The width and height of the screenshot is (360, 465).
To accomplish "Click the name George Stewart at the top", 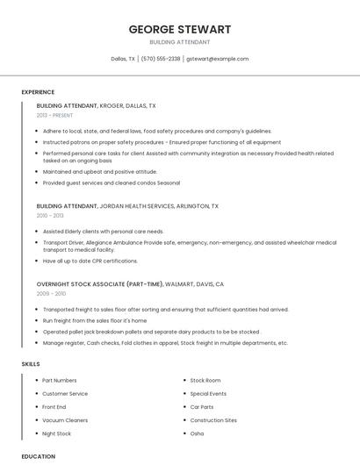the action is click(180, 29).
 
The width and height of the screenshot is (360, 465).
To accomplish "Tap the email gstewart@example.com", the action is click(217, 59).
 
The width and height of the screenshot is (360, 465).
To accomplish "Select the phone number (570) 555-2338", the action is click(161, 59).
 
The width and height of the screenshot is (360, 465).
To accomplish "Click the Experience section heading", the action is click(38, 92).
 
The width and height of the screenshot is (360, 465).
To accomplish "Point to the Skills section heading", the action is click(31, 363).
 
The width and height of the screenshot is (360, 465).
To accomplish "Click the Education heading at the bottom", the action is click(39, 456).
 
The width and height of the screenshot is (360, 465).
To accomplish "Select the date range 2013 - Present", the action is click(54, 115).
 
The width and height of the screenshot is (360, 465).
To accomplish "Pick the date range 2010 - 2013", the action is click(50, 215).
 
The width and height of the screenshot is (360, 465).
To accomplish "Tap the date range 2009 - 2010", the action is click(50, 293).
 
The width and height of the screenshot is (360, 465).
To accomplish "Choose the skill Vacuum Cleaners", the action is click(64, 420).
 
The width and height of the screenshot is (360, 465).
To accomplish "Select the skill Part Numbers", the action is click(60, 381).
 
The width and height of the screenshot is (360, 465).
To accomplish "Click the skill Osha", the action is click(197, 433).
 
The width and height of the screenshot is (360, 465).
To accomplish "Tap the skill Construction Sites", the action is click(213, 420).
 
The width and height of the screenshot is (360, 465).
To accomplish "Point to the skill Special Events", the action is click(208, 394).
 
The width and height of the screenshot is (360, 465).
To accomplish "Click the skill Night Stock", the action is click(57, 433).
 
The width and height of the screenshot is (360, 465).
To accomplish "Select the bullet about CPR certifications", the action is click(90, 261).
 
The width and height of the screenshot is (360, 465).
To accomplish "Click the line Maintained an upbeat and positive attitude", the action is click(100, 172).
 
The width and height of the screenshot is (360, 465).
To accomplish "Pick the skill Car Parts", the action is click(202, 407).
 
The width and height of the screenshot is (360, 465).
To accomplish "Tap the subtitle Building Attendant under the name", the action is click(180, 42).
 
